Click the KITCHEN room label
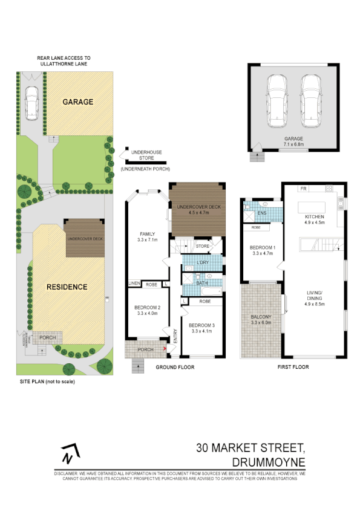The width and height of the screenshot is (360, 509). [315, 216]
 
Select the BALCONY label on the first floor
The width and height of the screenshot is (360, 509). [262, 317]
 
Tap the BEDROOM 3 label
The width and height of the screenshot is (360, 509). [203, 325]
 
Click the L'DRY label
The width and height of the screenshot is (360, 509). [203, 262]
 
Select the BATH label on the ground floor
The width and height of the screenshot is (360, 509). [202, 282]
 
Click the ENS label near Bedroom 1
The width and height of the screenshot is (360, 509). [262, 213]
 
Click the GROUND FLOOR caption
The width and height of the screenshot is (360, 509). [175, 367]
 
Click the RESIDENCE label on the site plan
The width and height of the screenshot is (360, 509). [67, 287]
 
